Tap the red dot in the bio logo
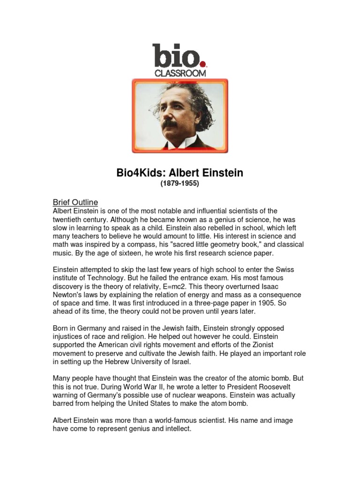(x=202, y=64)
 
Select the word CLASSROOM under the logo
(x=180, y=73)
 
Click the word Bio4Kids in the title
(x=136, y=173)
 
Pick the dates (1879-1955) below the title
(x=180, y=184)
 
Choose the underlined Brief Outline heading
(x=75, y=202)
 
